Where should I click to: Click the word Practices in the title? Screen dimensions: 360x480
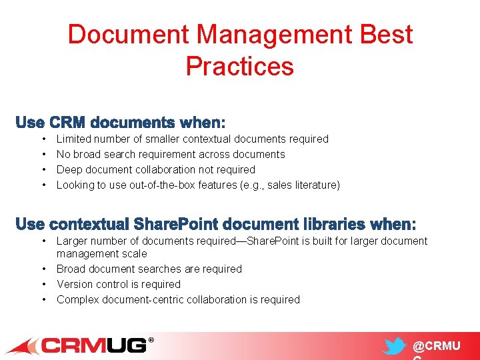(x=240, y=66)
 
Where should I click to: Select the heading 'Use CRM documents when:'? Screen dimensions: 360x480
(x=121, y=123)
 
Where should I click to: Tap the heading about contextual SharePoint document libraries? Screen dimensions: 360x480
(x=215, y=223)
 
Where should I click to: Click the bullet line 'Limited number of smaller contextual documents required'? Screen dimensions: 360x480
(x=192, y=139)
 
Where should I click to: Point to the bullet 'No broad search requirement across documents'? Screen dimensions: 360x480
(x=171, y=154)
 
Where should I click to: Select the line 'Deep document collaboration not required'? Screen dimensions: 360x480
(x=155, y=169)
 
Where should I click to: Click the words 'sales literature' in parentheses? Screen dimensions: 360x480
(x=305, y=185)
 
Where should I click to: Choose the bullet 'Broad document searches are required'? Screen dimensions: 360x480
(x=149, y=269)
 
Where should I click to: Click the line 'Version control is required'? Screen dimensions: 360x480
(x=118, y=284)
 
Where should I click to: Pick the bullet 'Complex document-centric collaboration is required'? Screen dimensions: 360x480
(x=178, y=299)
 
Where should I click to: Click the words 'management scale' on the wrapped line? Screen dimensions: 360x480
(x=101, y=253)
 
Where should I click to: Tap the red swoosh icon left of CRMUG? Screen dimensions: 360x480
(x=23, y=346)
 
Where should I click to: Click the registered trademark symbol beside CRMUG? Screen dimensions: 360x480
(x=151, y=340)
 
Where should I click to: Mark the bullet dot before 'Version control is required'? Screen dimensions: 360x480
(x=43, y=284)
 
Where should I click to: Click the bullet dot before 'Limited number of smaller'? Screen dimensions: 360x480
(x=43, y=139)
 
